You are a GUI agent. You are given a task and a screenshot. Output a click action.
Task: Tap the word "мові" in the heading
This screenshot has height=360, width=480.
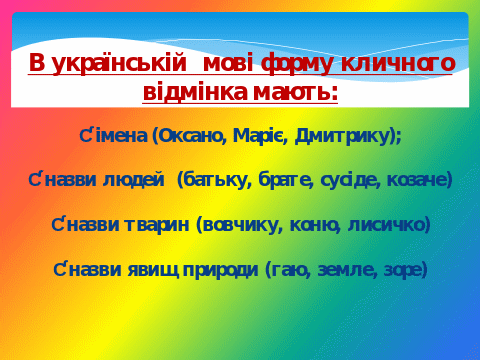coord(228,63)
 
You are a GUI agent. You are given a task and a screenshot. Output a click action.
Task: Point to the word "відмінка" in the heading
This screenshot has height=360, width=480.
coord(195,91)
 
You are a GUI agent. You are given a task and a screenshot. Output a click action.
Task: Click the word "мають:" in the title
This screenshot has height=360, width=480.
coord(295,92)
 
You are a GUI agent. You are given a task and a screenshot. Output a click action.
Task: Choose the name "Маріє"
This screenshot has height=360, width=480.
coord(260,136)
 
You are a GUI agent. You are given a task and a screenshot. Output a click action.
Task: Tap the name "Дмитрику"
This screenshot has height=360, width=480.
coord(342,136)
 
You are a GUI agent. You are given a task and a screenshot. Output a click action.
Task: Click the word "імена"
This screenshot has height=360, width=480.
coord(121,135)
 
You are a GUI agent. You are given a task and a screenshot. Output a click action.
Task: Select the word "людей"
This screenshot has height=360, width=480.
coord(134,180)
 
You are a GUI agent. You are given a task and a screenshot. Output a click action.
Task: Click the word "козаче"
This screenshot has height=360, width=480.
coord(417,180)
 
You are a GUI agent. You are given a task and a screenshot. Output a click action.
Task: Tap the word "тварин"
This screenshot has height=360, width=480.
coord(157,225)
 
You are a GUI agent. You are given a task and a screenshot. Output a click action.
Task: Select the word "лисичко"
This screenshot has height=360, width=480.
coord(386,225)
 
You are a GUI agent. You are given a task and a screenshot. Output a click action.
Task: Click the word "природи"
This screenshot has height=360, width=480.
coord(221,270)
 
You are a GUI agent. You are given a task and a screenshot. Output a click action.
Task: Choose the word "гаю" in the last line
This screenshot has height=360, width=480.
coord(291,270)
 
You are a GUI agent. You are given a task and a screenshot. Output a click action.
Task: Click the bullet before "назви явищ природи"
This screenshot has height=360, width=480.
coord(59,269)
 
